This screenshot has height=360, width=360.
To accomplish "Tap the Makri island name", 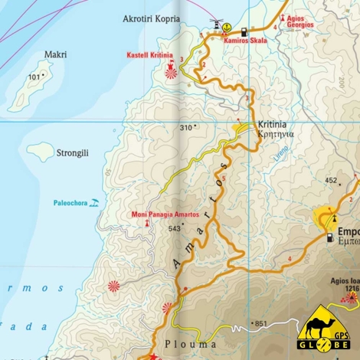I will click(55, 54).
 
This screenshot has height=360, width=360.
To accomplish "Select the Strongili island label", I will click(72, 152).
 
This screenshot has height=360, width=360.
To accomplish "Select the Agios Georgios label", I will click(300, 21).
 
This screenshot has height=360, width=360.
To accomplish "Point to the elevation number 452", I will click(331, 181).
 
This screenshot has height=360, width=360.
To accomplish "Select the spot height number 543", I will click(174, 228).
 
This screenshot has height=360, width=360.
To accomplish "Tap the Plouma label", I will click(185, 344).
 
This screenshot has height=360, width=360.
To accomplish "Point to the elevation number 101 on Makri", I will click(34, 77).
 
